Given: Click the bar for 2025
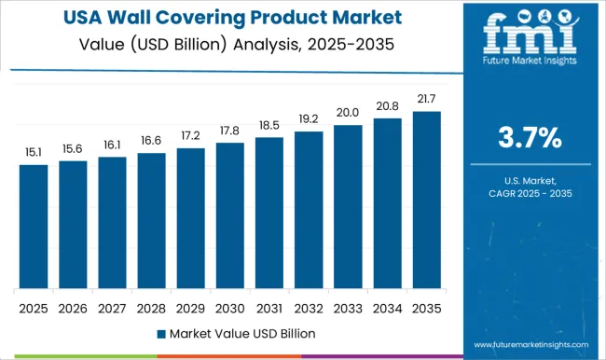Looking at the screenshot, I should click(34, 227).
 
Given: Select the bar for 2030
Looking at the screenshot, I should click(229, 215).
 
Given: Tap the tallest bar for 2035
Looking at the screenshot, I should click(426, 200).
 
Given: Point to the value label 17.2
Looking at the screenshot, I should click(190, 137).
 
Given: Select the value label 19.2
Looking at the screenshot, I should click(309, 120).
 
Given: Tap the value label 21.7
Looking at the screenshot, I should click(426, 100).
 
